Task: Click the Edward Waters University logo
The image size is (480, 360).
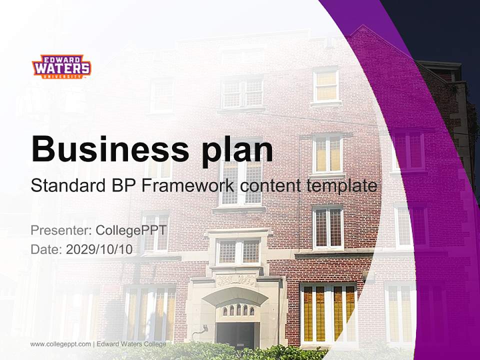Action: [61, 66]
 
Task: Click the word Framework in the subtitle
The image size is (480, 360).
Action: [188, 186]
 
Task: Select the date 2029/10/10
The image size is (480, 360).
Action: [99, 249]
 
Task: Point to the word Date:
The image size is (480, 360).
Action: [46, 249]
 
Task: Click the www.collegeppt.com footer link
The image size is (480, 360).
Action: [60, 344]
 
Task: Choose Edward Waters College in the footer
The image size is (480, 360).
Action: [131, 344]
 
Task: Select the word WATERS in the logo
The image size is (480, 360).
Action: [61, 67]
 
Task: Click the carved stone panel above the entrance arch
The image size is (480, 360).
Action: [235, 279]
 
